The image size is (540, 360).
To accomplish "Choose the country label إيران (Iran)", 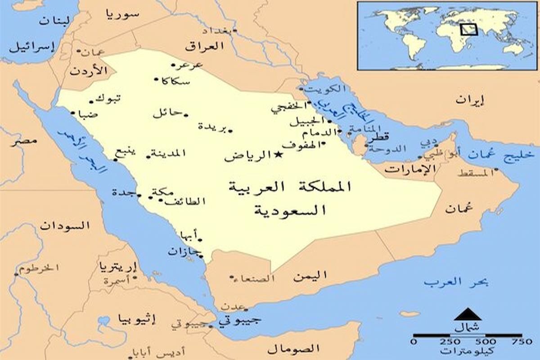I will [x=470, y=100].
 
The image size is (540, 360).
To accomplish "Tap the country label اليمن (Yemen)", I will [x=310, y=275].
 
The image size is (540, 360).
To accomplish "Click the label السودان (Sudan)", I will [x=65, y=225].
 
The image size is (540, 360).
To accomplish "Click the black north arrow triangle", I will [x=468, y=314].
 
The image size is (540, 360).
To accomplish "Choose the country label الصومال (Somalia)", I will [x=293, y=349].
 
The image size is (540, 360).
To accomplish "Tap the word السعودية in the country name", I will [x=290, y=210].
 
